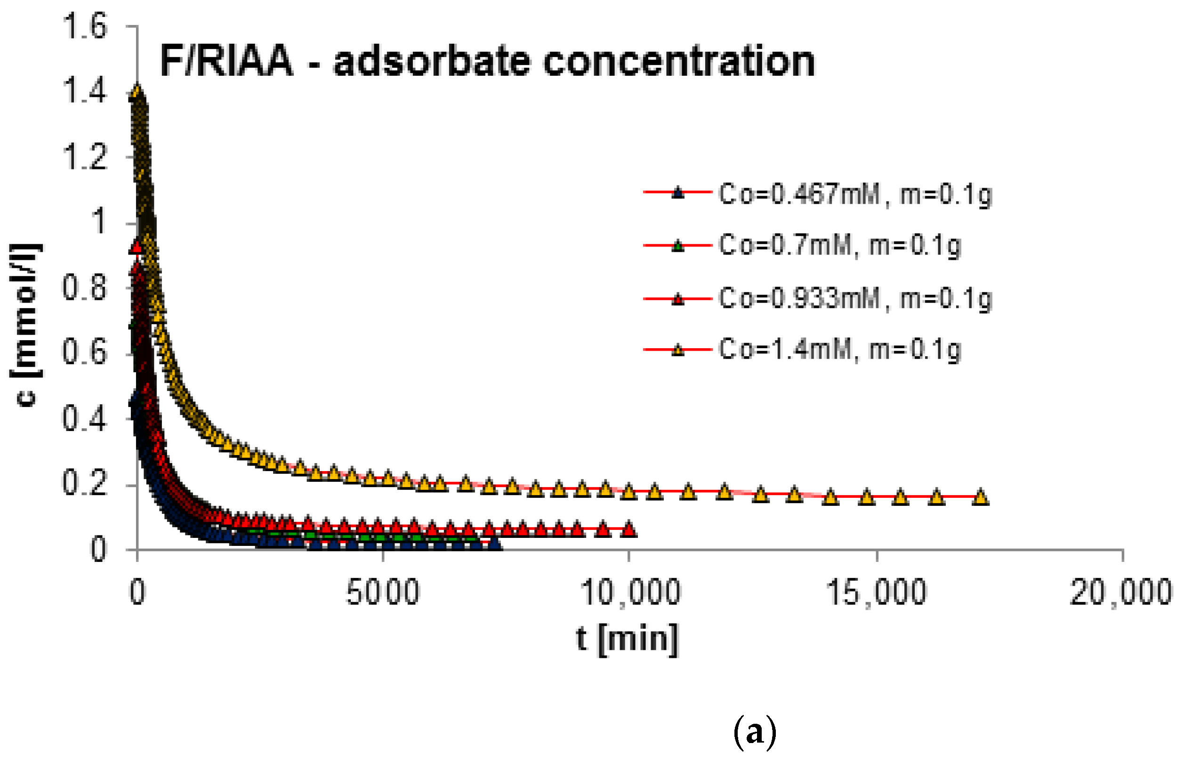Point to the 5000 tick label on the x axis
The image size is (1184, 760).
point(383,592)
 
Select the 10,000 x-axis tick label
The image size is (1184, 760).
point(629,592)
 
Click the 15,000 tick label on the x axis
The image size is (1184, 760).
point(876,592)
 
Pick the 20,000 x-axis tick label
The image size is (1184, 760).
point(1121,592)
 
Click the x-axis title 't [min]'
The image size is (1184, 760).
point(628,639)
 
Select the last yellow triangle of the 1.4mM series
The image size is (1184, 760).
point(981,497)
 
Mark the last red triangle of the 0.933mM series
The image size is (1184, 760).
point(628,529)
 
